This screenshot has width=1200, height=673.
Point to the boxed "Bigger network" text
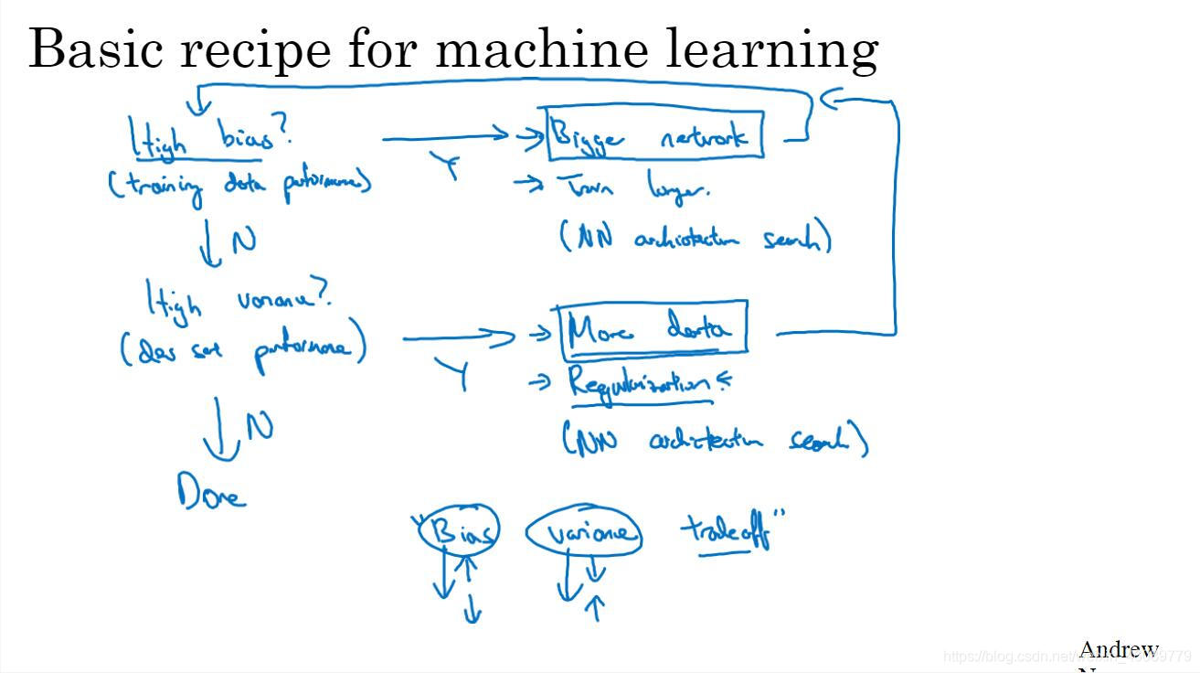[x=654, y=135]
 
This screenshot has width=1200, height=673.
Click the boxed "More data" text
[x=653, y=327]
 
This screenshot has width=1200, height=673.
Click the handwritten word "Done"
[x=211, y=494]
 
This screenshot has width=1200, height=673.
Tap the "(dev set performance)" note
[x=243, y=348]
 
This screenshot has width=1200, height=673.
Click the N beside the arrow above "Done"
[x=260, y=425]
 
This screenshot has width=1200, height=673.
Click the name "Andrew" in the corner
[x=1119, y=650]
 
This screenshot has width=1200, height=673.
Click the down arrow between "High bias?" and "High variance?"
[x=210, y=242]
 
